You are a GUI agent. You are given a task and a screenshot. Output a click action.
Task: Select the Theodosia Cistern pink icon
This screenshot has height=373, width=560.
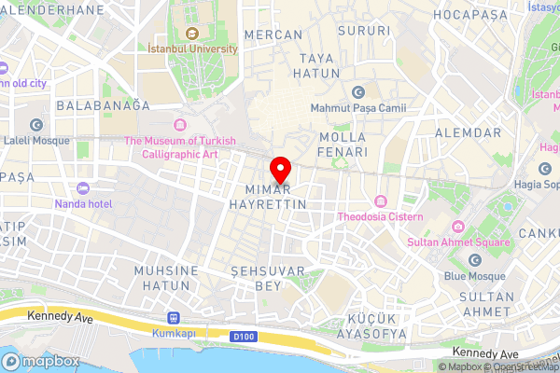381,201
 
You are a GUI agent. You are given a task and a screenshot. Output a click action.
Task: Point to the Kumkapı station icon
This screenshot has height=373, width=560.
171,317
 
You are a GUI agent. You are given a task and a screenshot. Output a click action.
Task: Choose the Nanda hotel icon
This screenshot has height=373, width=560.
83,188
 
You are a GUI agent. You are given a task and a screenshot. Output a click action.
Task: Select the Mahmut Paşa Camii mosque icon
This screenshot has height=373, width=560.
357,92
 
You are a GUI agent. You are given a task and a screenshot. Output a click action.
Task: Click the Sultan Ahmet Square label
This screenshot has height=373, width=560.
459,242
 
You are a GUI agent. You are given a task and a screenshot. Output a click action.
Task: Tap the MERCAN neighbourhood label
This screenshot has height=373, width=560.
273,35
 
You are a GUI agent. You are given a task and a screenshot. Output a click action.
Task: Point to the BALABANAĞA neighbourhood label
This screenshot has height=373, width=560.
103,105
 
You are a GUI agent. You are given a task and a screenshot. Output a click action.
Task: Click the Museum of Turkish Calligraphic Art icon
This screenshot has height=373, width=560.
178,125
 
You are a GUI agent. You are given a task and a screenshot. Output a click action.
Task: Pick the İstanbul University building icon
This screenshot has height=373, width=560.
191,33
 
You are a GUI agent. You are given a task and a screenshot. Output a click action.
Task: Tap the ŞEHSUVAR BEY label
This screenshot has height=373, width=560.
256,278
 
